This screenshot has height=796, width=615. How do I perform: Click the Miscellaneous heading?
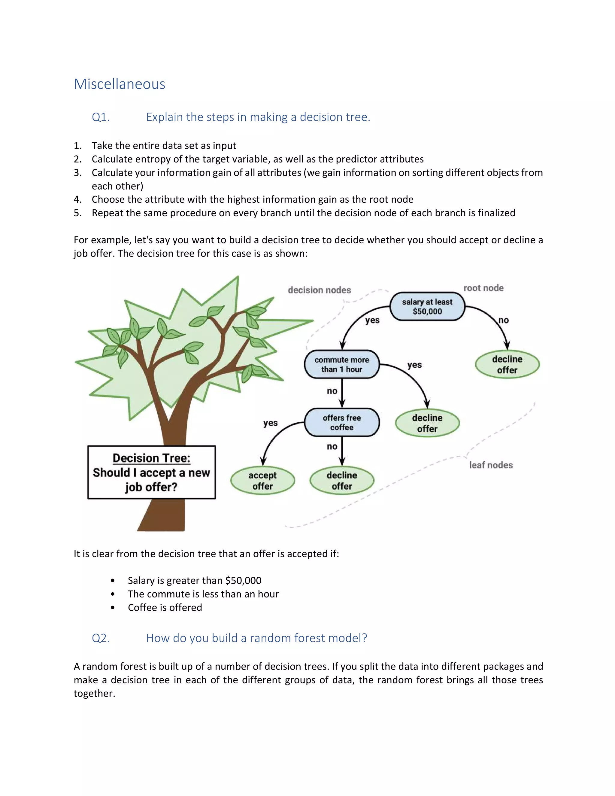click(x=120, y=84)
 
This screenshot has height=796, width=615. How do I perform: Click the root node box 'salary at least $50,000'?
click(x=427, y=306)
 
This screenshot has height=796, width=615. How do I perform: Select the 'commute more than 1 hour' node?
click(x=342, y=364)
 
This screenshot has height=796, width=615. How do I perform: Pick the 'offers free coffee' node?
click(x=342, y=422)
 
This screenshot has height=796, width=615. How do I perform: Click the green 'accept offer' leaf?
click(x=262, y=481)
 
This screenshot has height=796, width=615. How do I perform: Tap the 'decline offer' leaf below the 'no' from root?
click(x=507, y=364)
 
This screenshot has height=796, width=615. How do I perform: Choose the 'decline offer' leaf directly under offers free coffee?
click(x=342, y=481)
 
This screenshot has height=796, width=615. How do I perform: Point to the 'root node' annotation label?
click(x=483, y=288)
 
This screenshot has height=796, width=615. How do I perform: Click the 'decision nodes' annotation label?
click(x=319, y=290)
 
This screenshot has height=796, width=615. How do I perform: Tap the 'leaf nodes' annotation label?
click(x=491, y=465)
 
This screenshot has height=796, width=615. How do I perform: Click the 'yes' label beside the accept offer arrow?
click(x=270, y=423)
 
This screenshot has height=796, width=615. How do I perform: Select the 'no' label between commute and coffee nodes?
click(x=332, y=391)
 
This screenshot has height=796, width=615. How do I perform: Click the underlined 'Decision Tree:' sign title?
click(x=152, y=458)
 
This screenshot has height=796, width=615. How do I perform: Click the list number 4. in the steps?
click(x=77, y=199)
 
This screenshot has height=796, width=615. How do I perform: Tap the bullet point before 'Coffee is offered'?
click(x=113, y=608)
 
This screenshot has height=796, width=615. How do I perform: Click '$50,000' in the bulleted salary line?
click(x=243, y=581)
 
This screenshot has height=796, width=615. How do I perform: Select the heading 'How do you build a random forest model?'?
click(x=256, y=638)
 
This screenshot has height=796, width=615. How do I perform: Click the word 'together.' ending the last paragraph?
click(x=94, y=694)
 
